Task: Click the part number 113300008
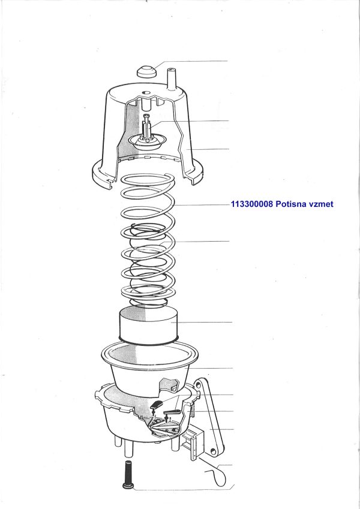[x=252, y=204]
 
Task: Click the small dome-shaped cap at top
[x=146, y=71]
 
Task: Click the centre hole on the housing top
[x=146, y=92]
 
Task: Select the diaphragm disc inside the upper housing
[x=148, y=143]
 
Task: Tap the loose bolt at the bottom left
[x=128, y=474]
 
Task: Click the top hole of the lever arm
[x=198, y=385]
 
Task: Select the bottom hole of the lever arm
[x=213, y=451]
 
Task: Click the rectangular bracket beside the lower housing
[x=192, y=442]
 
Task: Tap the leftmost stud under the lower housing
[x=116, y=441]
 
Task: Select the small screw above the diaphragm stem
[x=146, y=116]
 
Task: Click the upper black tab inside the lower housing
[x=157, y=404]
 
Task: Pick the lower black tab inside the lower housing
[x=172, y=412]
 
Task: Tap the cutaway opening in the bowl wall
[x=170, y=385]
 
